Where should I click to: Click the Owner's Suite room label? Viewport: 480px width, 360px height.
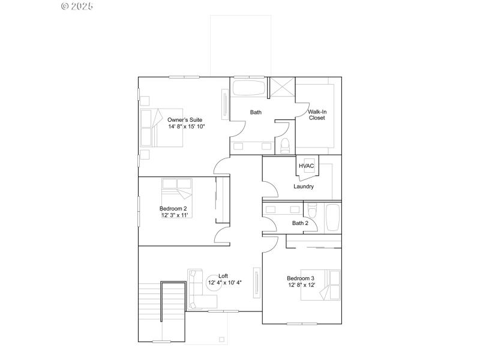185,119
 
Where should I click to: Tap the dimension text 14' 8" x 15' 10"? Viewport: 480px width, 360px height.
186,127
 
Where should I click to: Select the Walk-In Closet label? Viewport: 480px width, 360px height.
317,115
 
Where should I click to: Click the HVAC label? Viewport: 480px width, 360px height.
307,166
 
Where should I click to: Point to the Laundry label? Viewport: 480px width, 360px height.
304,187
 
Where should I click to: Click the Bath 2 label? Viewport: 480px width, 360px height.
300,223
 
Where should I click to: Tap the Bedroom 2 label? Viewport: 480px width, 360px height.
173,208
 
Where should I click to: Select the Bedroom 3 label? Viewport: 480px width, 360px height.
301,278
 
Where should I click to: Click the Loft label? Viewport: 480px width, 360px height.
223,275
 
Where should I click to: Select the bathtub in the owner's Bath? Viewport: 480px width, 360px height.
249,88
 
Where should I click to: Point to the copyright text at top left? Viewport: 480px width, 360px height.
78,7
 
